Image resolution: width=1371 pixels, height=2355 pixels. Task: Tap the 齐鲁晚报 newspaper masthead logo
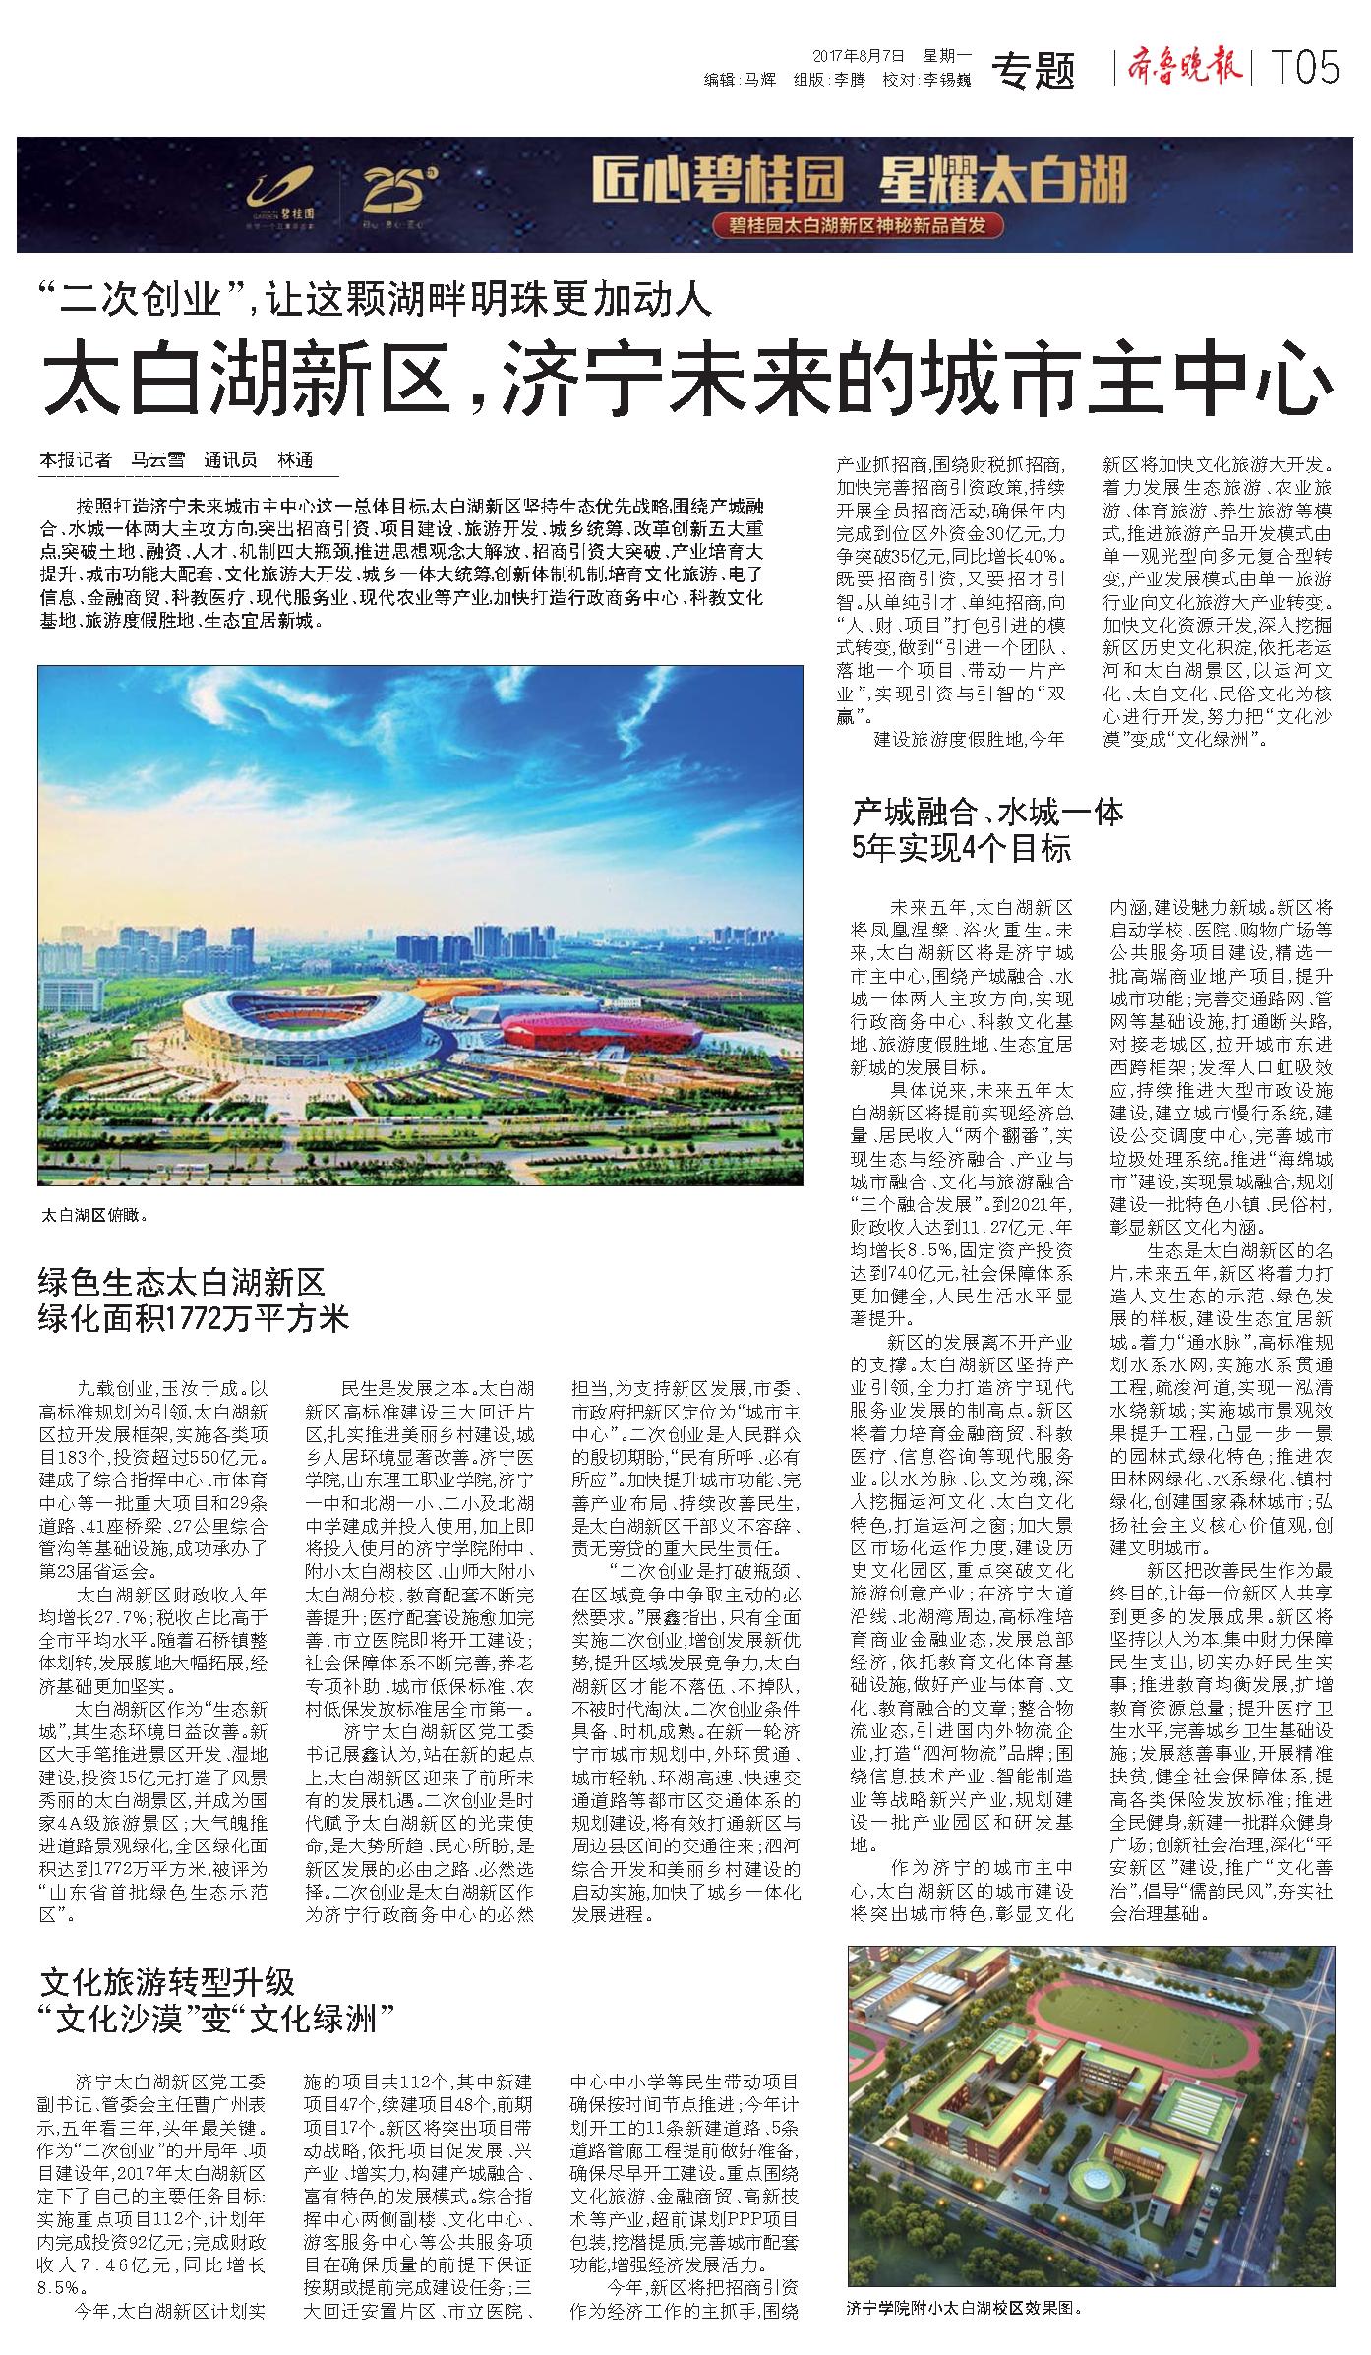coord(1181,68)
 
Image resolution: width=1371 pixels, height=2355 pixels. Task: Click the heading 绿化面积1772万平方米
coord(194,1318)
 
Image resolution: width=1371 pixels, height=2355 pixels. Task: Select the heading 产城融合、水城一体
coord(987,813)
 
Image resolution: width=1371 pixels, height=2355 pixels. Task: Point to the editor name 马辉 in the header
coord(758,81)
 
